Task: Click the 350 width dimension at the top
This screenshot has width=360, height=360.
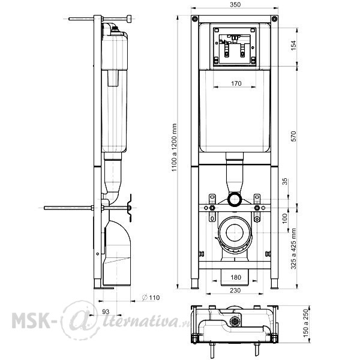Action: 235,5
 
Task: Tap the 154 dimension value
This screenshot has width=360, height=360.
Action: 293,46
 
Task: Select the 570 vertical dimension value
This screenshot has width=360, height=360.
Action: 293,136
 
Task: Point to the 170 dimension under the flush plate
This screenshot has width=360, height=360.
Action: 236,83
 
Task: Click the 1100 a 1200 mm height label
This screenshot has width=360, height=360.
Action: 174,148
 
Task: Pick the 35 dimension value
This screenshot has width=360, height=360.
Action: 284,181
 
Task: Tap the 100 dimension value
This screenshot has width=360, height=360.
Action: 284,218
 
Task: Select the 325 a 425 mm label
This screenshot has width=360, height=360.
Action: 293,248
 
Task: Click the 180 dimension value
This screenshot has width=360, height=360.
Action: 236,277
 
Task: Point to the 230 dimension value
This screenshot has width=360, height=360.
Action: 235,290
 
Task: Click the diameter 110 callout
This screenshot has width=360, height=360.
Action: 151,298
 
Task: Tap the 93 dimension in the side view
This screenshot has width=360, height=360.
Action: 106,311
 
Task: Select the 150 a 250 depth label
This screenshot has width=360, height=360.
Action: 305,323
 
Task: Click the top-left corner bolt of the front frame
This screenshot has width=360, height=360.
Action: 194,19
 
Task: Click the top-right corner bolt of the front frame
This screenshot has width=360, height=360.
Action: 274,19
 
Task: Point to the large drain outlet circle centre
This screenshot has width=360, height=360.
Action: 235,233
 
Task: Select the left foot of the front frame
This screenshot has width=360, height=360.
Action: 195,284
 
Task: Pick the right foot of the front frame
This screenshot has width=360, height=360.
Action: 275,284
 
